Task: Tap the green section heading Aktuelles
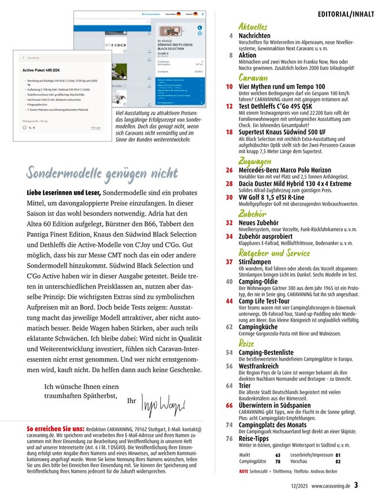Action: tap(253, 27)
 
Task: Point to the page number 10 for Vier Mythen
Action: tap(229, 87)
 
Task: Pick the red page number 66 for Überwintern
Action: tap(229, 406)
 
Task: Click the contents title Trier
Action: tap(245, 386)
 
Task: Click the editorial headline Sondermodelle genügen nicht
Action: tap(101, 172)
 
